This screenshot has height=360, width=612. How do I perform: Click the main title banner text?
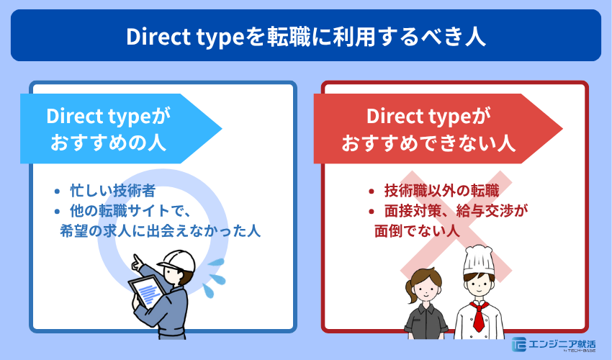pos(305,36)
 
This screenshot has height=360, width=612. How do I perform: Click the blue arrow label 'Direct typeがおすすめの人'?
pos(108,128)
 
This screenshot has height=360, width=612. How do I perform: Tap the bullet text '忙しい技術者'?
pos(113,192)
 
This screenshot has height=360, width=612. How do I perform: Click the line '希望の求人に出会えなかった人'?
pos(160,231)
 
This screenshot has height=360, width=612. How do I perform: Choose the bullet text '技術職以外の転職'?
pos(441,192)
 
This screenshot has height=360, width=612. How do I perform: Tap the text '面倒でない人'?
pos(417,231)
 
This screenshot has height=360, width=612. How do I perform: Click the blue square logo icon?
pos(519,344)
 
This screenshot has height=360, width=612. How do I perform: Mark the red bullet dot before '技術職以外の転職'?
pos(371,192)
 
